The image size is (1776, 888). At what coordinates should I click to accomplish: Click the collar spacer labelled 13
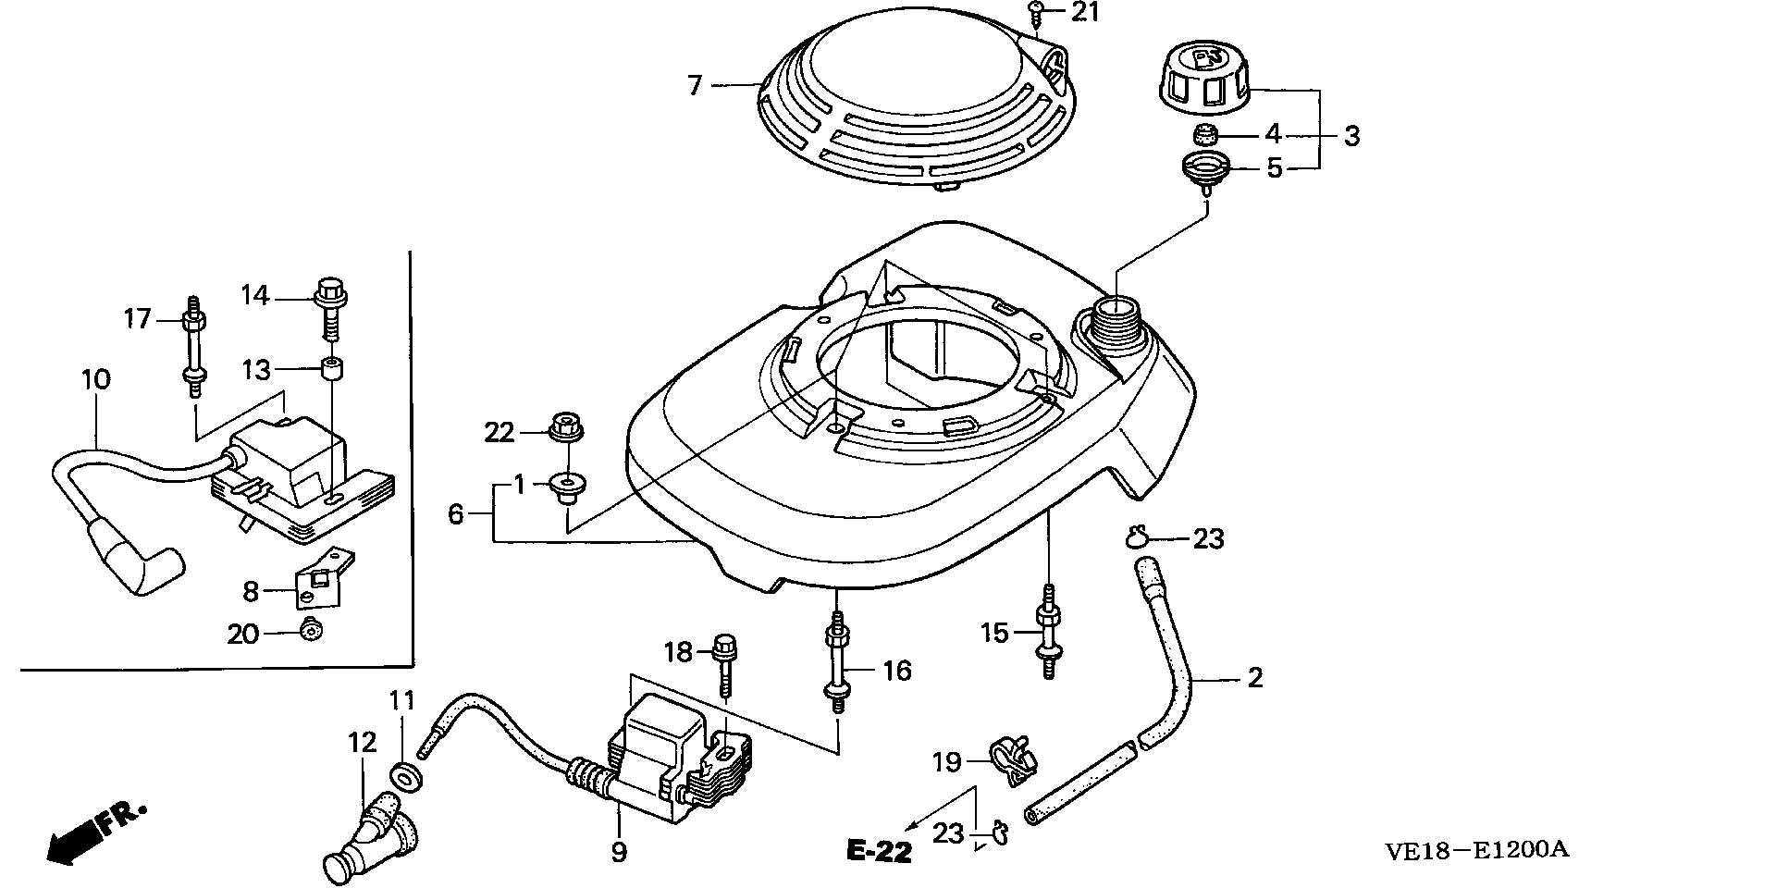click(330, 369)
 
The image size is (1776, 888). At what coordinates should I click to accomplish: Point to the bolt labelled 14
click(329, 305)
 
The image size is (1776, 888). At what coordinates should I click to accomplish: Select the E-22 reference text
click(878, 851)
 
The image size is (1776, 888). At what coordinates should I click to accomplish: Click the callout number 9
click(618, 851)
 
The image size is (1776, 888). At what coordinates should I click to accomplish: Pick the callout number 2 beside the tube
click(1254, 678)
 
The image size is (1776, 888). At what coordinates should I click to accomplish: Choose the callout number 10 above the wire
click(95, 380)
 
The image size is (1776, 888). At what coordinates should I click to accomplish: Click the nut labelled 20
click(311, 632)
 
